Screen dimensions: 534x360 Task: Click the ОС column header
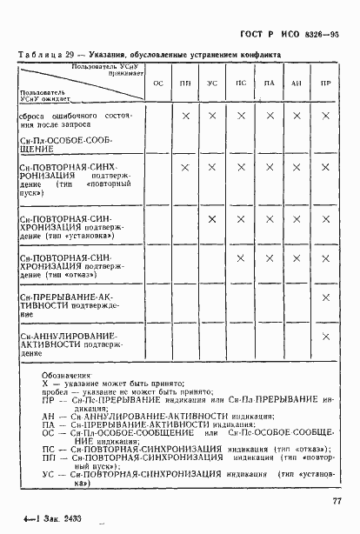(x=158, y=82)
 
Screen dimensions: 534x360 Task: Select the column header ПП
(x=185, y=82)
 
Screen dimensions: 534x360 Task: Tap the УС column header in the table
(x=212, y=82)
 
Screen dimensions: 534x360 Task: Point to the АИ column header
(x=297, y=82)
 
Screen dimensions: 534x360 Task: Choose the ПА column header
(x=269, y=82)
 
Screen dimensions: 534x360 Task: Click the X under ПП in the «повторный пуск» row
(x=185, y=167)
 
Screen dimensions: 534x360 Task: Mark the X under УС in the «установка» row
(x=212, y=218)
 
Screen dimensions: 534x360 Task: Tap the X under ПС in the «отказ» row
(x=241, y=258)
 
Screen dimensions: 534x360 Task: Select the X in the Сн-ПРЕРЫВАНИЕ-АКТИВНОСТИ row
(x=326, y=298)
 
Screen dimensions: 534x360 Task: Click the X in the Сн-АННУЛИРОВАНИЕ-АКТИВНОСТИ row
(x=326, y=337)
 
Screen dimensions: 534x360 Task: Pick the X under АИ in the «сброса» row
(x=297, y=115)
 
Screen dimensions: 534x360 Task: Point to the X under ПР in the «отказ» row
(x=326, y=258)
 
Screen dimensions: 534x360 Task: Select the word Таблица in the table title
(x=37, y=54)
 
